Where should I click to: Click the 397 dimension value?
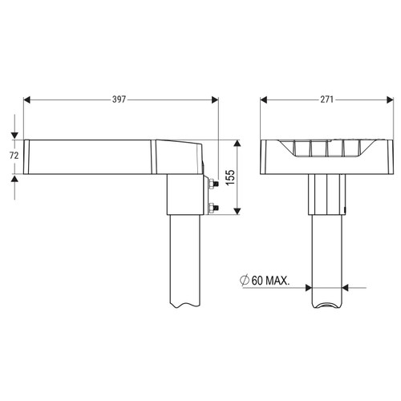(x=119, y=99)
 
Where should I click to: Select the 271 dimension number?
(x=326, y=99)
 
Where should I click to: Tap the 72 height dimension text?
(x=14, y=156)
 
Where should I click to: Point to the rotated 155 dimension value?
(x=230, y=177)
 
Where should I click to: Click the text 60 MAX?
(x=270, y=281)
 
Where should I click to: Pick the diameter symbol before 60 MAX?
(x=245, y=281)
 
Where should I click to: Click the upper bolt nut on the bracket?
(x=212, y=184)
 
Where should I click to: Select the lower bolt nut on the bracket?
(x=212, y=208)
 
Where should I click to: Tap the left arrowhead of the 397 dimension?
(x=27, y=100)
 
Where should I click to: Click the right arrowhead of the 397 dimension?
(x=215, y=100)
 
